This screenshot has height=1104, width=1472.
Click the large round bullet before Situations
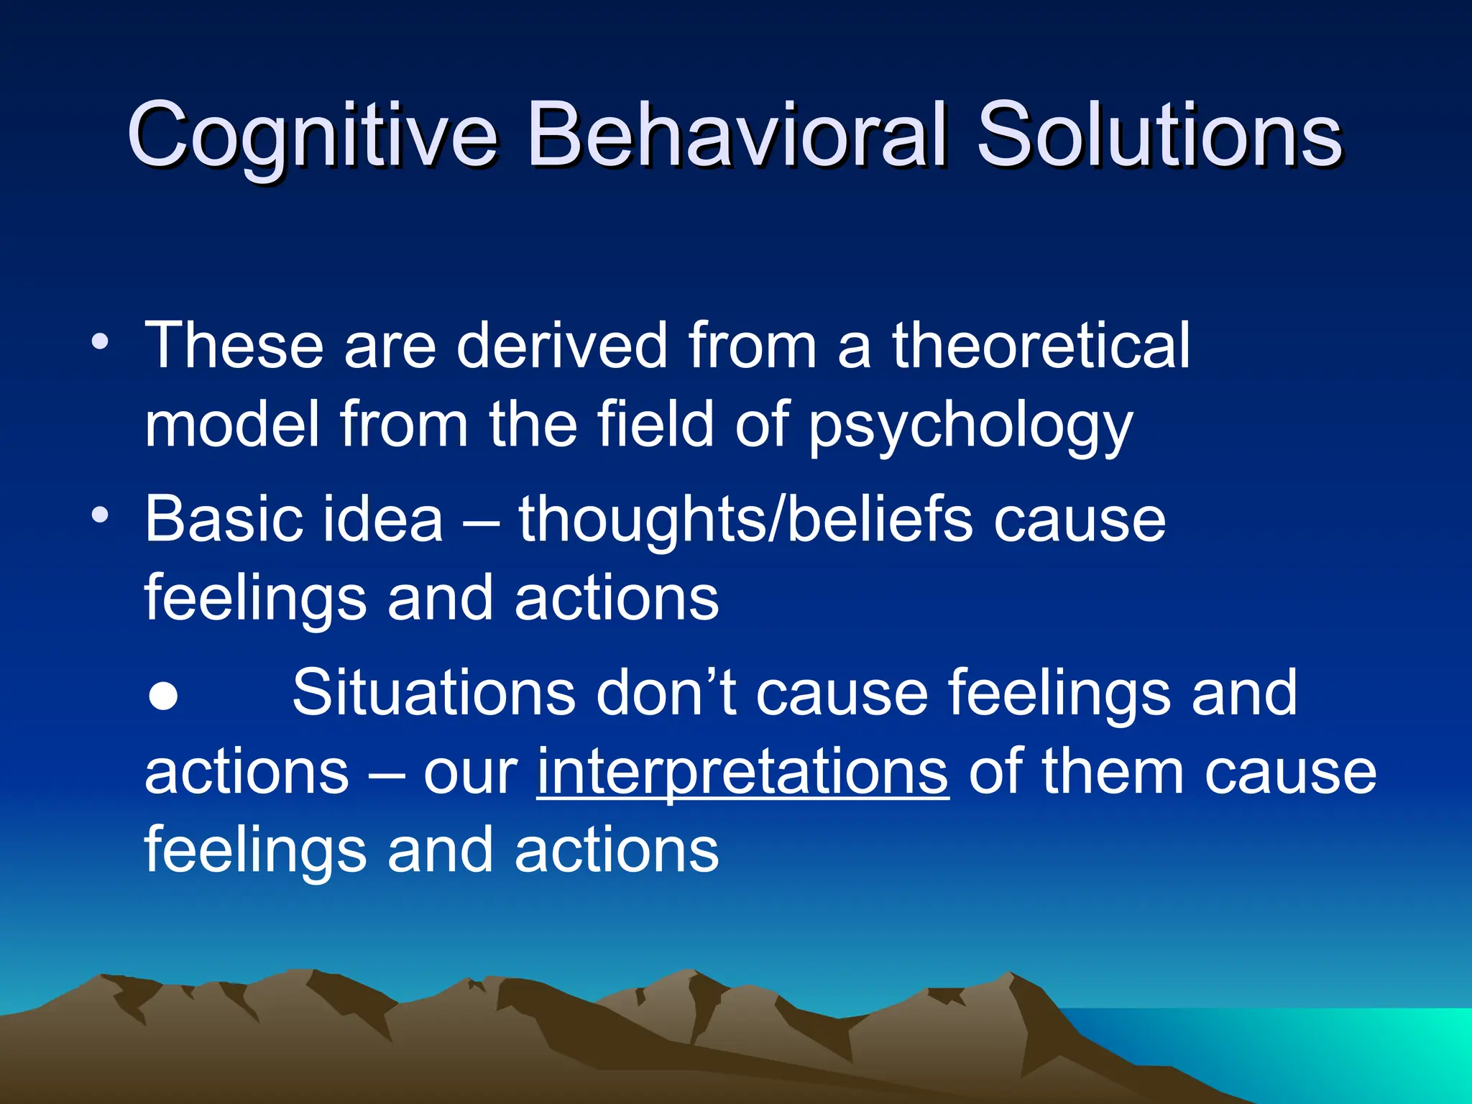(x=164, y=696)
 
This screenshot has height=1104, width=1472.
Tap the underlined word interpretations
(x=742, y=773)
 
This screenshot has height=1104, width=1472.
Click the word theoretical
(x=1041, y=346)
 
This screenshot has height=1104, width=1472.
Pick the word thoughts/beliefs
(x=745, y=520)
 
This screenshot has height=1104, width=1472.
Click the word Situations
(x=433, y=693)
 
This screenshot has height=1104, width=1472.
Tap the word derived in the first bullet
(x=561, y=346)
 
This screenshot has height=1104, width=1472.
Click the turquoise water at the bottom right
(x=1366, y=1057)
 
